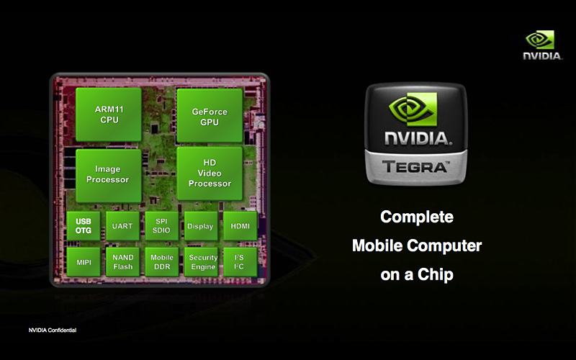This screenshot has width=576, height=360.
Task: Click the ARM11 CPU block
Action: point(108,114)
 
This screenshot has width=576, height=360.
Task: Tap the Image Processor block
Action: point(108,174)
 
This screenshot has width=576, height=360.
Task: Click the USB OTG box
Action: point(84,226)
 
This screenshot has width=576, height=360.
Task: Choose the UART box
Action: point(122,226)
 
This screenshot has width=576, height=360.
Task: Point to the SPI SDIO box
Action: point(161,226)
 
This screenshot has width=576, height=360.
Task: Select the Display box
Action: point(200,226)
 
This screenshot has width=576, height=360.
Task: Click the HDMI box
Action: point(240,226)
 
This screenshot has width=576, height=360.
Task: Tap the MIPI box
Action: point(84,262)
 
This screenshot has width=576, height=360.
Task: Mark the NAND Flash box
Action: point(122,262)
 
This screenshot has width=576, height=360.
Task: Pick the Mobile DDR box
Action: point(161,262)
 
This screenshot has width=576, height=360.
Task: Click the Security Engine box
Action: point(202,262)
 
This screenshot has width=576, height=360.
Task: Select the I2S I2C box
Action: point(240,262)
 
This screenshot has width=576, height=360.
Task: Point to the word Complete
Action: point(417,217)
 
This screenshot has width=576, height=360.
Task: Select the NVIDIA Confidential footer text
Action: point(52,330)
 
